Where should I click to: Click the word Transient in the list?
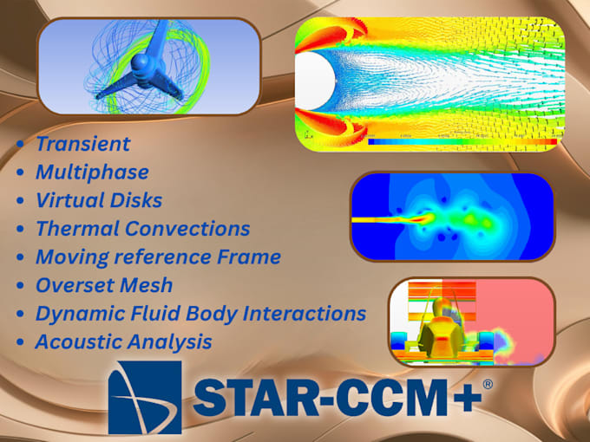coord(82,144)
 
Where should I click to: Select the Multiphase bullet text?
coord(92,172)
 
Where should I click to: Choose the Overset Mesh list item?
coord(104,284)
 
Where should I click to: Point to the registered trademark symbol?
coord(487,382)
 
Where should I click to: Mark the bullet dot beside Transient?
coord(20,145)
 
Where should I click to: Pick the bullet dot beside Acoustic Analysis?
coord(20,342)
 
